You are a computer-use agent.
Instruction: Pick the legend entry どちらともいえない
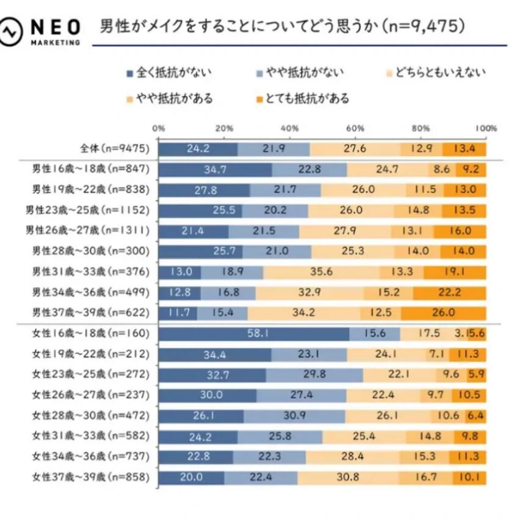click(x=437, y=73)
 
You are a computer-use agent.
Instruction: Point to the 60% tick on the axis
click(x=355, y=129)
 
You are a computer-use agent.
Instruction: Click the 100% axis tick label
click(x=486, y=129)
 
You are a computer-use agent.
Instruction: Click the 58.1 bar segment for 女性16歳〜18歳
click(x=254, y=334)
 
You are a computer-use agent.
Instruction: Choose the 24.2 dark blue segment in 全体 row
click(x=198, y=149)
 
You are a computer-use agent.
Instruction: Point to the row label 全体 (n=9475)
click(x=114, y=149)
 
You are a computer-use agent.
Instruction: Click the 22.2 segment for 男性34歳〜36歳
click(x=449, y=293)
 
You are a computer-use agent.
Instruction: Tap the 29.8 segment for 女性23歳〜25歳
click(x=314, y=375)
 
